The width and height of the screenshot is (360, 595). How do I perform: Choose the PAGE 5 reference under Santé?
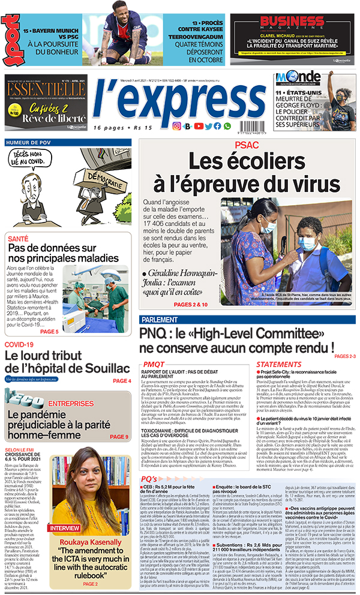pyautogui.click(x=49, y=331)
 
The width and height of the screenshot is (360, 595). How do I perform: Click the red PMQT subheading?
pyautogui.click(x=153, y=364)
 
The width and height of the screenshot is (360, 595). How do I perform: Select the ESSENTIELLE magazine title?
pyautogui.click(x=46, y=89)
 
